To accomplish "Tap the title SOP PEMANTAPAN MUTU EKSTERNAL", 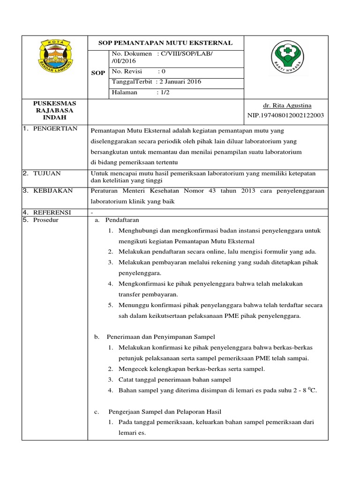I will (165, 43).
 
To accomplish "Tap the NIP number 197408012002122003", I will (285, 115).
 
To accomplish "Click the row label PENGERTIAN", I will (55, 129).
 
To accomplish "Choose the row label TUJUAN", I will (47, 173).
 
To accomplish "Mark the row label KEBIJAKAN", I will (52, 191).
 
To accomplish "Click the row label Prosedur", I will (46, 220).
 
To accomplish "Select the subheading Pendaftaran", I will (122, 220).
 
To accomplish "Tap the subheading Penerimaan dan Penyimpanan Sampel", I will (161, 337).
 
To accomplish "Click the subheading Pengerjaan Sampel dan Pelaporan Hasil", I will (165, 412).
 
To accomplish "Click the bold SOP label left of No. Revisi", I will (98, 73).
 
